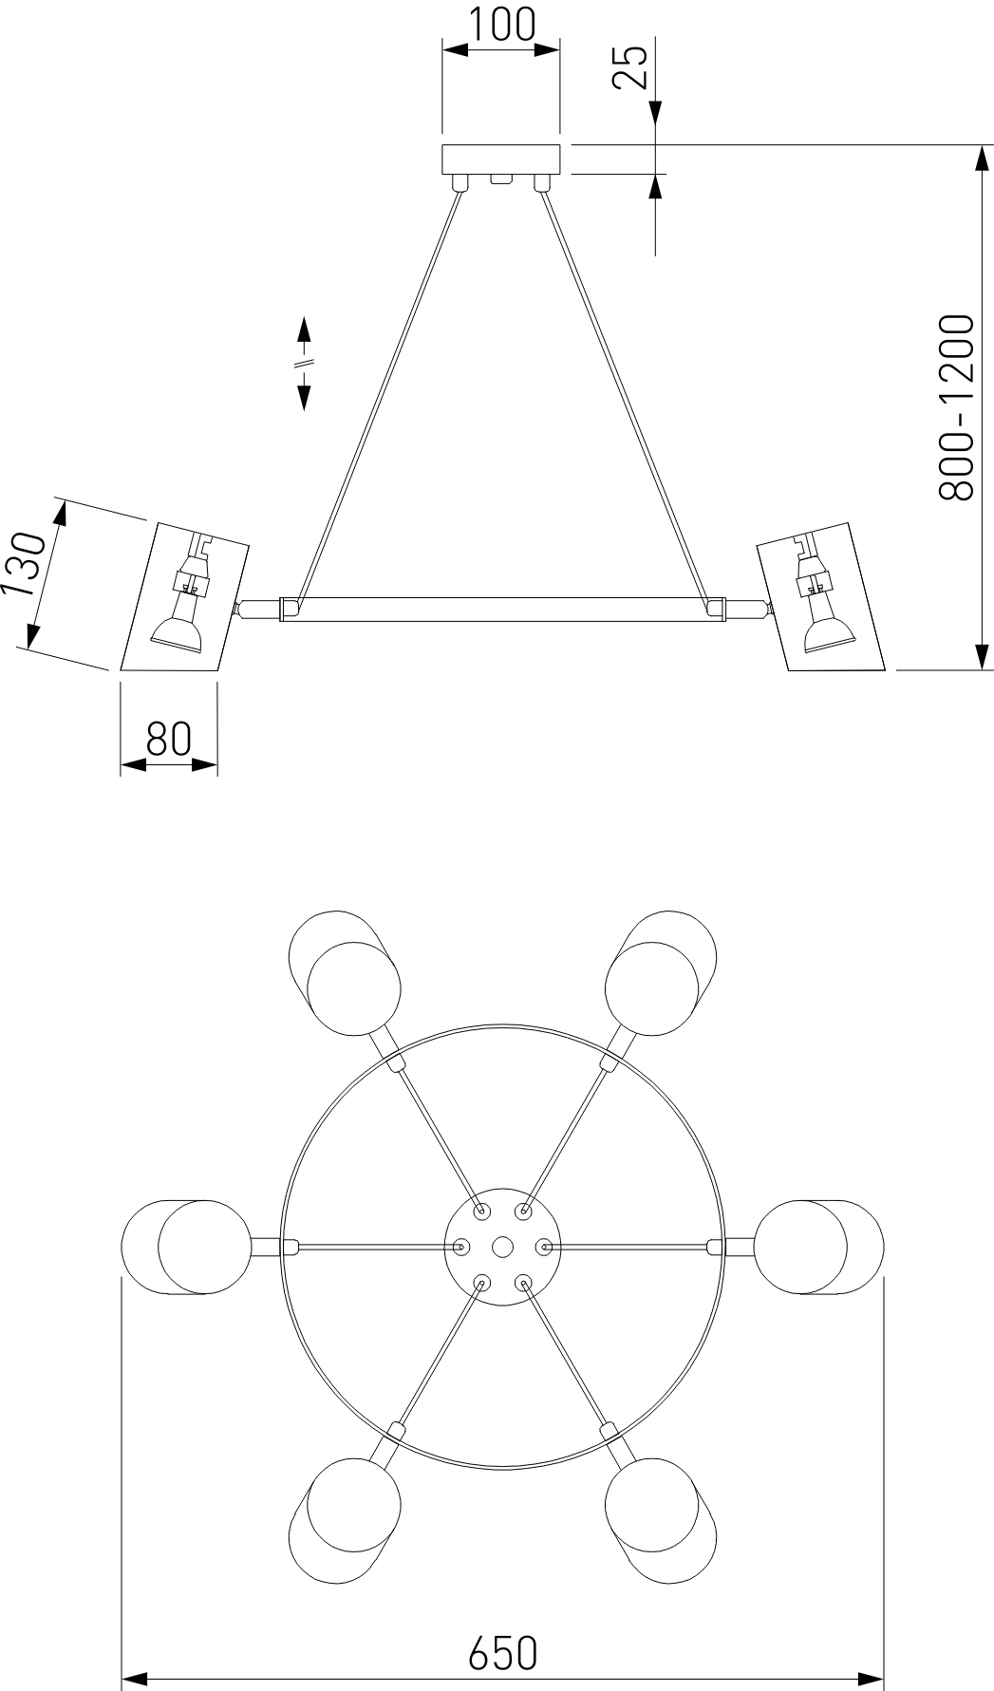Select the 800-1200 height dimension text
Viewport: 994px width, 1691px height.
tap(955, 407)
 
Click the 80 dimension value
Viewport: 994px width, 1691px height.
tap(169, 739)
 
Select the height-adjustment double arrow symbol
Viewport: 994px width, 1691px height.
tap(304, 364)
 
